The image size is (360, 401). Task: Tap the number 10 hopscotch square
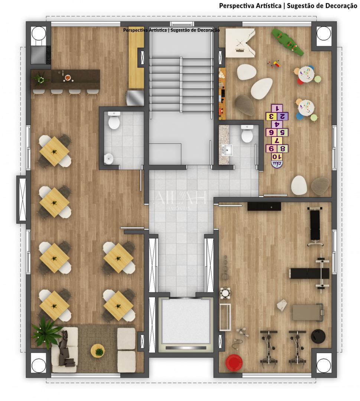point(276,157)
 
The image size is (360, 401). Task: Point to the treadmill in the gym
point(308,312)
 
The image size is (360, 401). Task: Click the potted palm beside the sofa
point(46,332)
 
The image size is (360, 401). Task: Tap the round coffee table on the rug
point(98,350)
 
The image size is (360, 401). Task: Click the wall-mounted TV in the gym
point(264,206)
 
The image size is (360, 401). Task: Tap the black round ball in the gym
point(318,336)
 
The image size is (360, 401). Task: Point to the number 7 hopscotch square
point(276,140)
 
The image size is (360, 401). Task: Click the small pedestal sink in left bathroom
point(108,159)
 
